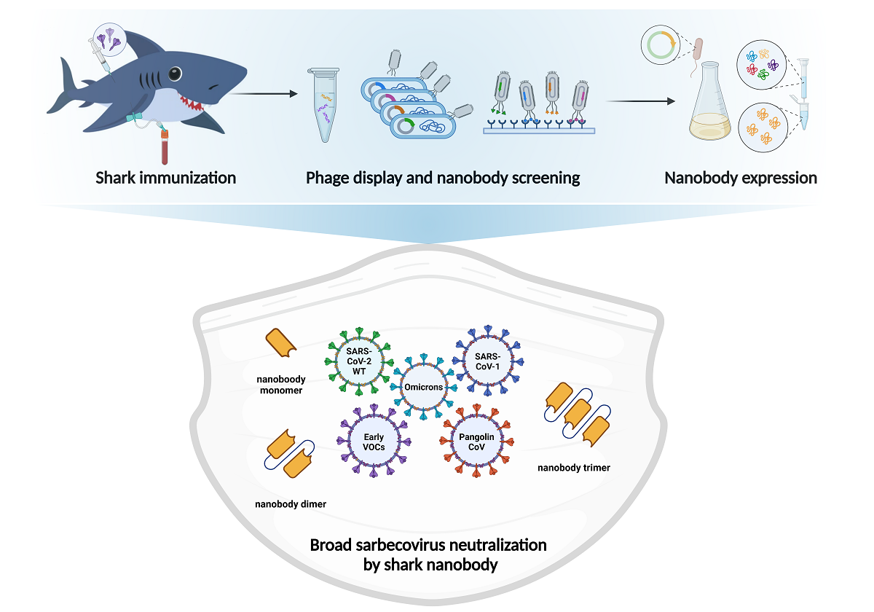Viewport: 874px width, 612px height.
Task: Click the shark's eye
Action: click(174, 73)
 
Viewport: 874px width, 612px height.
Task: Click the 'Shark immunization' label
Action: click(166, 178)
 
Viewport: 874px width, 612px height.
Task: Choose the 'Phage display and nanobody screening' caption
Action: click(443, 178)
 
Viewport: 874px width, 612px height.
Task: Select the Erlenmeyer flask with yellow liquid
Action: click(710, 109)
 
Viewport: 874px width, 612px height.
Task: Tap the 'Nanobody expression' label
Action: click(741, 178)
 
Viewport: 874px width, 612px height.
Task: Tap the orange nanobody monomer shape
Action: click(282, 344)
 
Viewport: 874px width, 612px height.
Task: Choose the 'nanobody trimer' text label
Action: click(573, 467)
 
